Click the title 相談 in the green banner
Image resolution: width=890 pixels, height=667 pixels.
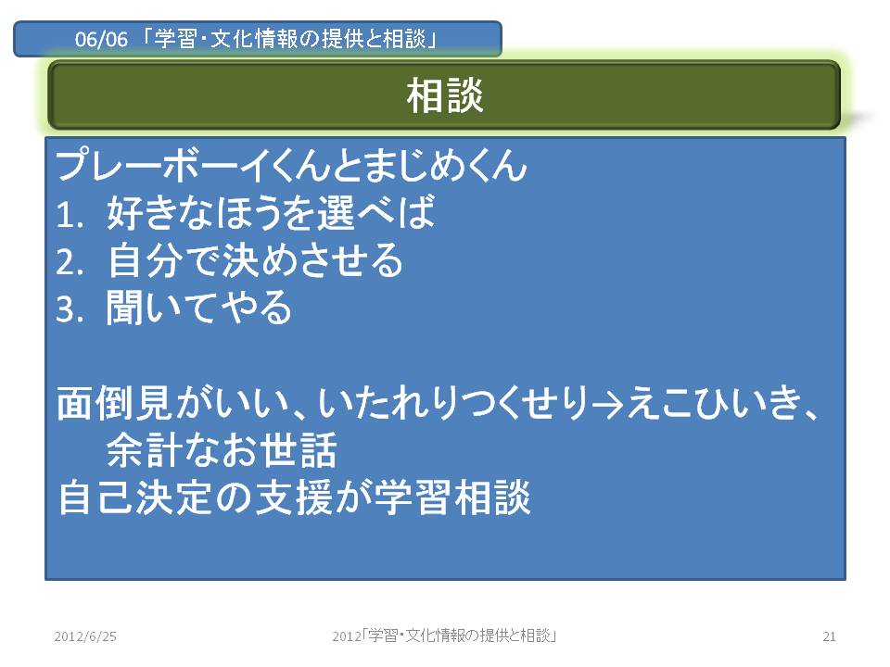(444, 95)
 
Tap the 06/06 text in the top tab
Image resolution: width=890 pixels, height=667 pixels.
(101, 39)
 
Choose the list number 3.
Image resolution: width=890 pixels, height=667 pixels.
(70, 309)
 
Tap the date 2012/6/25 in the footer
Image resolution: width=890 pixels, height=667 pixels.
(85, 636)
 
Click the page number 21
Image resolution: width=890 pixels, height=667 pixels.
(829, 636)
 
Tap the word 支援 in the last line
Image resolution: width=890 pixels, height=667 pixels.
(294, 497)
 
